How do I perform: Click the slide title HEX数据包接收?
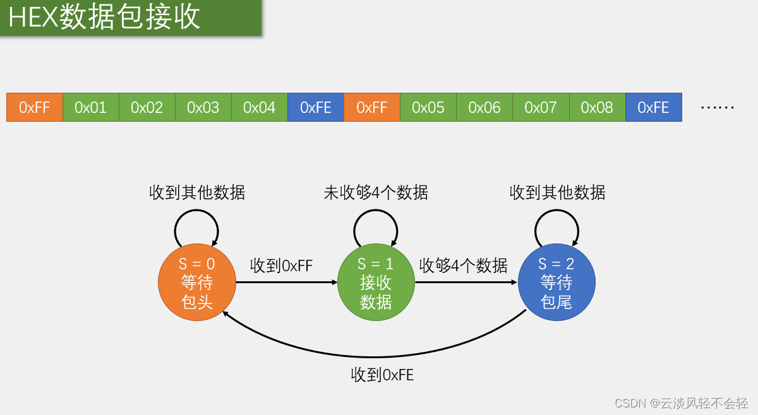tap(104, 18)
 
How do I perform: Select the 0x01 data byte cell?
tap(91, 107)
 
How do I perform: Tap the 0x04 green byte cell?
tap(260, 107)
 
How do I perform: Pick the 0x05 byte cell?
tap(428, 107)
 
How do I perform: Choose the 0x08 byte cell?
tap(597, 107)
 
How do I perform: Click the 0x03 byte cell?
tap(203, 107)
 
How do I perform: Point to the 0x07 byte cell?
tap(541, 107)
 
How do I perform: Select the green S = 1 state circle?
tap(376, 283)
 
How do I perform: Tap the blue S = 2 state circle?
tap(556, 283)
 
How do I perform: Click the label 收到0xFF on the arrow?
tap(281, 266)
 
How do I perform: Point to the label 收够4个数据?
tap(464, 266)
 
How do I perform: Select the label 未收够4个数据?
tap(376, 192)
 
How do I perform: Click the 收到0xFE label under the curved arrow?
tap(382, 375)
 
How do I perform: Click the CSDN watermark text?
tap(681, 402)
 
